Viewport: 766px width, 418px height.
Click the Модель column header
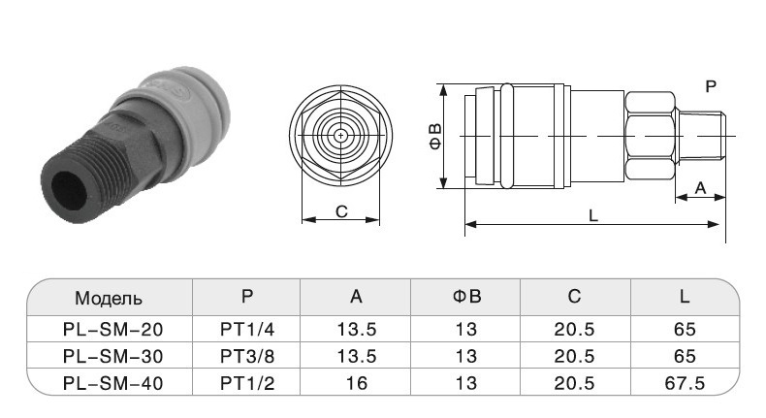point(109,298)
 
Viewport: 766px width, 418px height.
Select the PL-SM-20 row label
point(112,330)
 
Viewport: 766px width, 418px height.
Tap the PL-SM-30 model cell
point(112,356)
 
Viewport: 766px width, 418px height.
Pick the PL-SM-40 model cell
point(112,383)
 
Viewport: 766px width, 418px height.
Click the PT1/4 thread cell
point(247,330)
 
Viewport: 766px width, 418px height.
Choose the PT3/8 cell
point(247,356)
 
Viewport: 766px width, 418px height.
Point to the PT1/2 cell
point(247,383)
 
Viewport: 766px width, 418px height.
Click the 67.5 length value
point(685,383)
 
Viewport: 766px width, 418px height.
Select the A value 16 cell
point(357,383)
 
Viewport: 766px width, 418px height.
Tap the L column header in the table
point(685,296)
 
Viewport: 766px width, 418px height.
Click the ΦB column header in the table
point(467,296)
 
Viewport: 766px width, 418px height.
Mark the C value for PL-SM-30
point(574,356)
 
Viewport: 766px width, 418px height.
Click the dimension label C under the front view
point(341,211)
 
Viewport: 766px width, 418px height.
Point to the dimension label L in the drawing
point(593,215)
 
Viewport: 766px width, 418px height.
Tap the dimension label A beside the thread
point(700,188)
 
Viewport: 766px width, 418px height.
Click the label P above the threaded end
point(711,86)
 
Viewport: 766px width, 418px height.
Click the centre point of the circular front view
point(340,136)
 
